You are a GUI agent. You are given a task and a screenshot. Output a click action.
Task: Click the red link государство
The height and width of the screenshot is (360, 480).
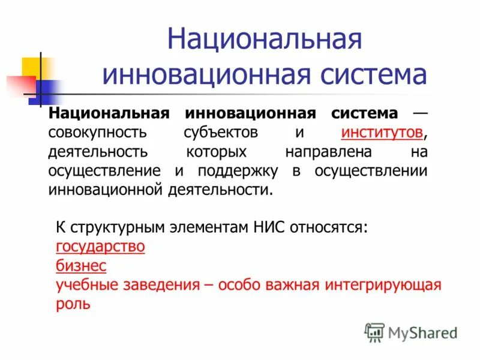[100, 247]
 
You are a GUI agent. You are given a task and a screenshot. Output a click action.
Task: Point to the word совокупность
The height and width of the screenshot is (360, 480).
[97, 132]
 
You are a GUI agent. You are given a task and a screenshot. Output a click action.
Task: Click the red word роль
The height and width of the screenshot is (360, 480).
[73, 304]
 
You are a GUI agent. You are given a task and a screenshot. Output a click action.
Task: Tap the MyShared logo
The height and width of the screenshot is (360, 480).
[411, 332]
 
